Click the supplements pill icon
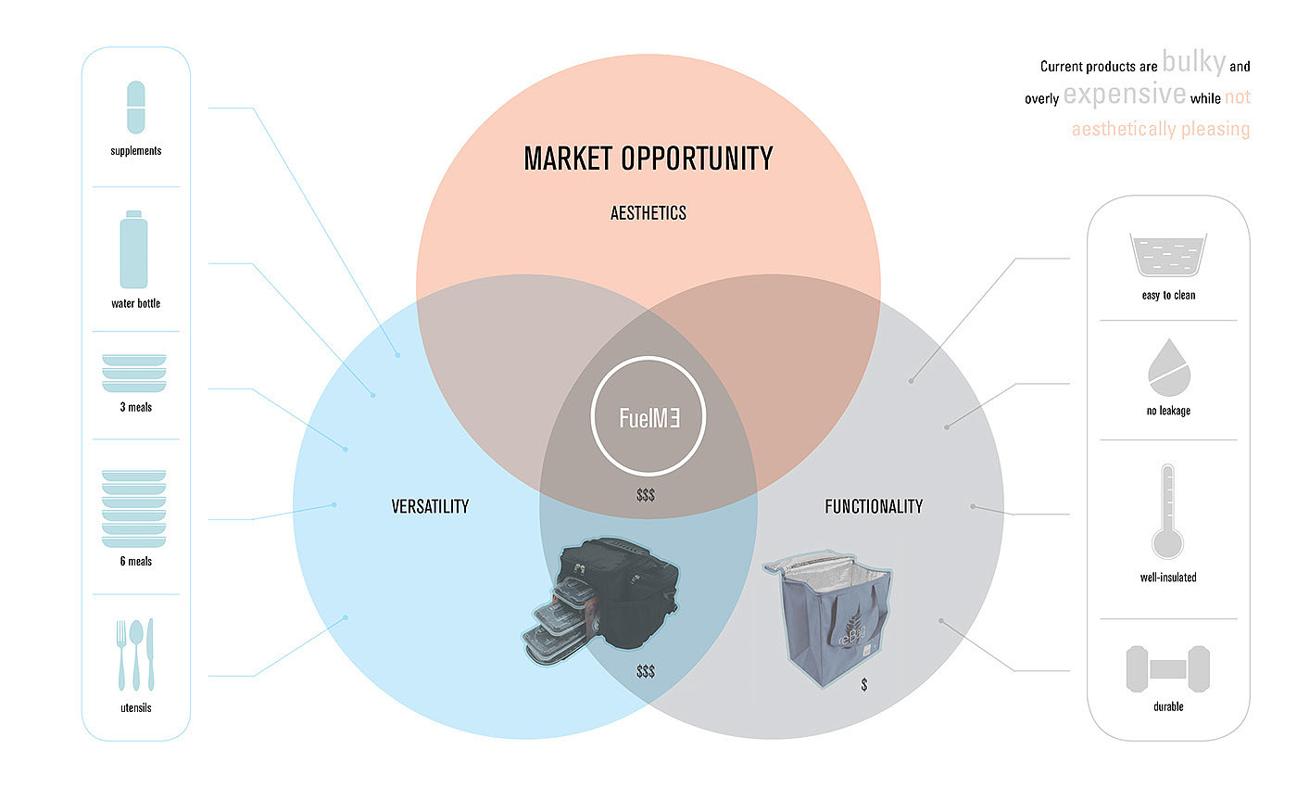point(135,107)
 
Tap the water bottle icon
point(134,250)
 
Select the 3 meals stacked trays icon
point(134,373)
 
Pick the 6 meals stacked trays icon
point(134,508)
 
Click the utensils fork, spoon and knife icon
point(135,655)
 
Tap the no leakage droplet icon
point(1167,370)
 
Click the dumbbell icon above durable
point(1168,668)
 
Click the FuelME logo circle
point(648,417)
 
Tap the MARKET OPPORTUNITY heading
point(648,159)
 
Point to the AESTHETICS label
point(648,213)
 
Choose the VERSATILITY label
point(430,506)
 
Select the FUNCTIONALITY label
point(874,506)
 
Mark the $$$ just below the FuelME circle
point(646,496)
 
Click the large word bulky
point(1194,63)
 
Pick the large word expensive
point(1125,95)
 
